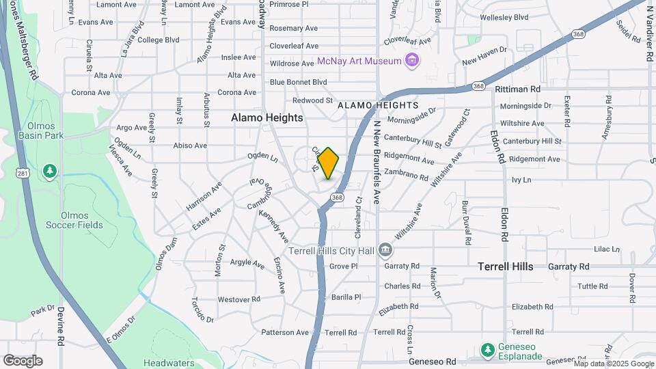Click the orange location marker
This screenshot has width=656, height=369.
pyautogui.click(x=329, y=163)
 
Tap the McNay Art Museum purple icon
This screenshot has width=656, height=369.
pyautogui.click(x=411, y=61)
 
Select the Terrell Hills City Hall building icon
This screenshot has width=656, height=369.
pyautogui.click(x=385, y=250)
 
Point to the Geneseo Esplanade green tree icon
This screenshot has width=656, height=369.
pyautogui.click(x=487, y=350)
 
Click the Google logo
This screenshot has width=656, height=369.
pyautogui.click(x=23, y=361)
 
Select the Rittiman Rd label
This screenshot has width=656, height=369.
pyautogui.click(x=517, y=89)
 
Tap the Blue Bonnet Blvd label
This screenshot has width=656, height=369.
pyautogui.click(x=298, y=82)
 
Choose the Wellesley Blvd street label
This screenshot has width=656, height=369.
pyautogui.click(x=505, y=16)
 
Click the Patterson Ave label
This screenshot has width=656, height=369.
pyautogui.click(x=285, y=332)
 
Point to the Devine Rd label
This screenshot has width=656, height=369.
pyautogui.click(x=60, y=327)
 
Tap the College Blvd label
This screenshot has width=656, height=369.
pyautogui.click(x=159, y=40)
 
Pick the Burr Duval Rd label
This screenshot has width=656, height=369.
pyautogui.click(x=465, y=223)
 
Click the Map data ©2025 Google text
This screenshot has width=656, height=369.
pyautogui.click(x=613, y=364)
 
